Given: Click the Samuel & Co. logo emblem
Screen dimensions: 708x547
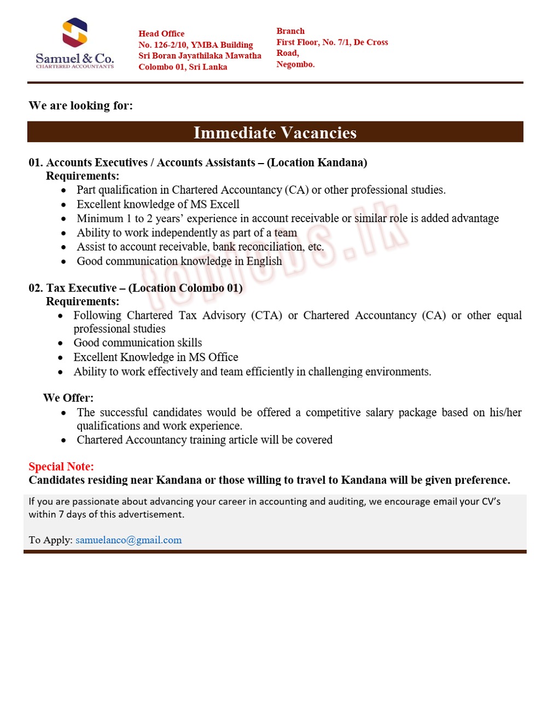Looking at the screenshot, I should pos(75,32).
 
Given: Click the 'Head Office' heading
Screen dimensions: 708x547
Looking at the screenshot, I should pos(161,34).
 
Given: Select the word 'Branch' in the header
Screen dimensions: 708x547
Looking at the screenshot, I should pos(290,31).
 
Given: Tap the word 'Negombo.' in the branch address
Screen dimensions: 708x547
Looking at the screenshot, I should pos(295,65).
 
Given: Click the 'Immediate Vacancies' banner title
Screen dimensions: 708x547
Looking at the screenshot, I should pos(275,132).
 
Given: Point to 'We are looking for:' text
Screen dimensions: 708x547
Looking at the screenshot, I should pos(80,106).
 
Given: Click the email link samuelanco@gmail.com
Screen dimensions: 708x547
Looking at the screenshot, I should pos(129,540).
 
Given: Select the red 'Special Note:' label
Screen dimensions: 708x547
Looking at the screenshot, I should pos(61,467).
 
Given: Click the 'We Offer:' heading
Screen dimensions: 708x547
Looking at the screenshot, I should pos(68,398).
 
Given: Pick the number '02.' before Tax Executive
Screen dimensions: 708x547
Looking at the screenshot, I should pos(36,288).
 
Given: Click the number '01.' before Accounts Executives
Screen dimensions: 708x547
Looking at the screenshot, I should pos(36,163).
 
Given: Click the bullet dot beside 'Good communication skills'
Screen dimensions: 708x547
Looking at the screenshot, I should pos(61,343).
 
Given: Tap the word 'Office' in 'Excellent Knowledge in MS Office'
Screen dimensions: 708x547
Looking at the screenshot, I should pos(223,357).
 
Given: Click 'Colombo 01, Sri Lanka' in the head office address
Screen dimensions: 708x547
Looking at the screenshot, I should pos(183,67).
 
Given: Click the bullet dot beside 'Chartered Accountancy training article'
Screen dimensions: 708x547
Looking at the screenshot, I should pos(64,440).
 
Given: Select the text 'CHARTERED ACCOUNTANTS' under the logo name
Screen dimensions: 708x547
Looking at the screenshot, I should pos(75,67).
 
